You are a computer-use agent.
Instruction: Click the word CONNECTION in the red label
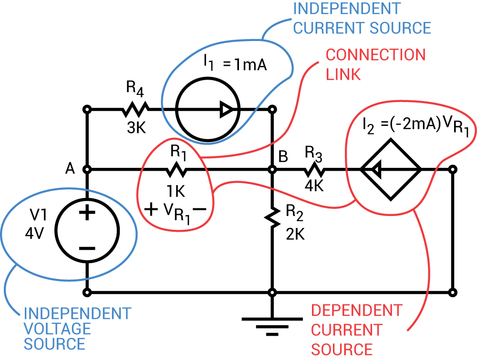[x=375, y=55]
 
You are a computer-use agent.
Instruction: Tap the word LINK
[x=343, y=74]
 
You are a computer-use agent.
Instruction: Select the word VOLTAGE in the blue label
[x=57, y=329]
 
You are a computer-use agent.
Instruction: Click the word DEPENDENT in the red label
[x=356, y=311]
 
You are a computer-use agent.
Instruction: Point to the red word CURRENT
[x=346, y=330]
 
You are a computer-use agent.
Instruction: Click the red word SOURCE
[x=342, y=350]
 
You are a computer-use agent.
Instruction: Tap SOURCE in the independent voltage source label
[x=54, y=344]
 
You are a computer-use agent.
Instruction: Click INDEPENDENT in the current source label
[x=347, y=9]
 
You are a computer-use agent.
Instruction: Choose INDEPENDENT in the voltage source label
[x=77, y=313]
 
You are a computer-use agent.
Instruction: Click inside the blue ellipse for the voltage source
[x=69, y=234]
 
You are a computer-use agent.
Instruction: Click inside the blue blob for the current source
[x=219, y=91]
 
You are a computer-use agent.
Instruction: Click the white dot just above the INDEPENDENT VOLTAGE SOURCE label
[x=87, y=292]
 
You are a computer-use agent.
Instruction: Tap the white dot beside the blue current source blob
[x=272, y=109]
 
